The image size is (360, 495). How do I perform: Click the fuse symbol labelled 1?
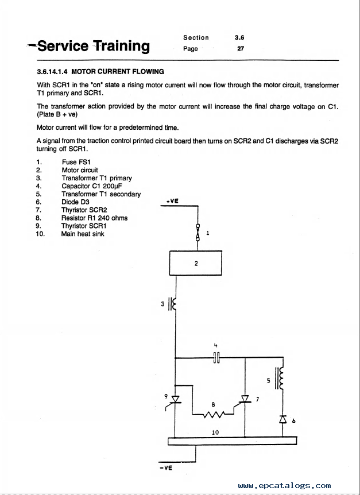(x=198, y=233)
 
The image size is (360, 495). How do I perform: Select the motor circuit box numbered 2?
(x=196, y=263)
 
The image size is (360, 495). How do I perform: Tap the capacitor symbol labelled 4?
(x=216, y=358)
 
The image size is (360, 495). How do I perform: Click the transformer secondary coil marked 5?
(x=280, y=378)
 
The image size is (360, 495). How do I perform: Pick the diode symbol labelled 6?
(x=282, y=419)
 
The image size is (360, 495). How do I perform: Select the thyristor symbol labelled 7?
(x=245, y=400)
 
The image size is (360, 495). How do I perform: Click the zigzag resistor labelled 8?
(x=213, y=414)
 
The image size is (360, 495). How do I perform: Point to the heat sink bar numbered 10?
(x=232, y=440)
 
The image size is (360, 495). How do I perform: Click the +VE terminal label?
(x=172, y=201)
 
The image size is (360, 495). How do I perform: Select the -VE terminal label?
(x=167, y=468)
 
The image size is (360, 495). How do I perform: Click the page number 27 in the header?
(x=241, y=49)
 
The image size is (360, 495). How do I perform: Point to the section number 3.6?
(x=239, y=37)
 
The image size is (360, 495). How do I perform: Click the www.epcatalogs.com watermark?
(x=285, y=486)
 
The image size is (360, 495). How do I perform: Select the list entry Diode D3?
(x=75, y=202)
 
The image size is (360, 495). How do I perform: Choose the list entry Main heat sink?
(x=83, y=234)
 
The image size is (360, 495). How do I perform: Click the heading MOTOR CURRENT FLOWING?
(x=118, y=72)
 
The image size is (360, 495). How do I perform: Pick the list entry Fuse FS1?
(x=76, y=163)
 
